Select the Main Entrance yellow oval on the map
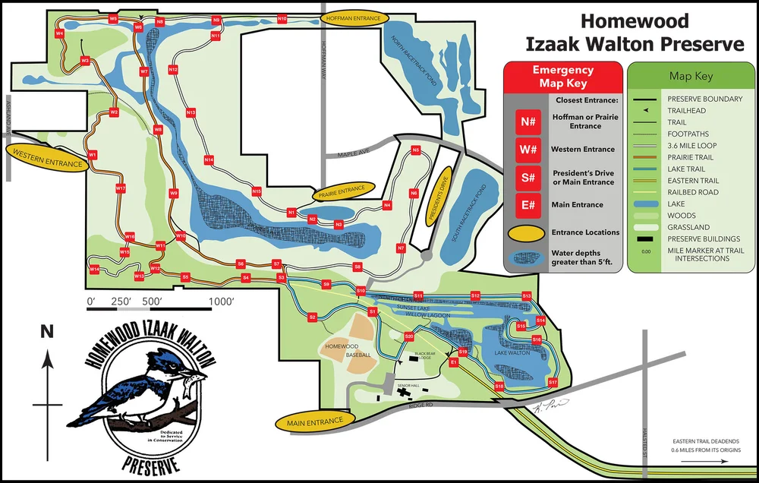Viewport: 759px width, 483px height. (x=316, y=420)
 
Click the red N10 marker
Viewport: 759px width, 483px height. (x=282, y=18)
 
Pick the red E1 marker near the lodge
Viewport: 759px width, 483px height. (x=454, y=363)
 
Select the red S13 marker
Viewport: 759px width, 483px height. (x=526, y=295)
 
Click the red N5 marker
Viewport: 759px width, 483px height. (x=415, y=150)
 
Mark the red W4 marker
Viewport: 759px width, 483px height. (x=59, y=33)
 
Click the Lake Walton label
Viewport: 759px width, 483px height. (x=512, y=353)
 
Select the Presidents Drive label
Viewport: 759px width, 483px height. (x=438, y=198)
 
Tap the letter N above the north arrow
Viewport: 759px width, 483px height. (x=48, y=331)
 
